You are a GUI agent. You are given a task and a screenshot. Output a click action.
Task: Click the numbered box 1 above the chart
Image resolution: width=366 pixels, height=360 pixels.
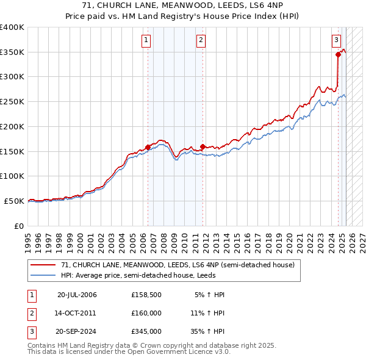(x=147, y=41)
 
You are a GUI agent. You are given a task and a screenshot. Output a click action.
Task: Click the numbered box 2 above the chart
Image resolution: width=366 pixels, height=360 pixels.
(x=201, y=41)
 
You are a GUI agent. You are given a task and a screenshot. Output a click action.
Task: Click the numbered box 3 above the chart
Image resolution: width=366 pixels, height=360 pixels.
(x=336, y=41)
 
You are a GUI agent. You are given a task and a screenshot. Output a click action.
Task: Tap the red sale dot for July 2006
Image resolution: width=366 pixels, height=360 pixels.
(x=148, y=147)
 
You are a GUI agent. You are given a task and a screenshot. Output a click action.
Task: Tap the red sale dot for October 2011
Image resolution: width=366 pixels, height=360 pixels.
(x=203, y=146)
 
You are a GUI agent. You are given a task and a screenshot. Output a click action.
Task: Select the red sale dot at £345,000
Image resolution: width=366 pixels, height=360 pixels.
(x=338, y=54)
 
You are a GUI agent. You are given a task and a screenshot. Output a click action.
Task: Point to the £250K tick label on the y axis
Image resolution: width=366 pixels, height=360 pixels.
(x=12, y=101)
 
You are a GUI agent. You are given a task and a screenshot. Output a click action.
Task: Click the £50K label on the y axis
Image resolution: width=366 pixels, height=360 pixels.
(x=14, y=201)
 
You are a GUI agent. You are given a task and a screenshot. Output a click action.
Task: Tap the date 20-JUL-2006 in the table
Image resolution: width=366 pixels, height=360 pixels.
(x=77, y=295)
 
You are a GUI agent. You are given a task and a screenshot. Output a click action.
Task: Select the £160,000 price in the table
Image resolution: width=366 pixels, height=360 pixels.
(x=146, y=314)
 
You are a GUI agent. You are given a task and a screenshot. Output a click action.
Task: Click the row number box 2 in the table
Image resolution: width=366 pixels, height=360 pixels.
(x=31, y=314)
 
